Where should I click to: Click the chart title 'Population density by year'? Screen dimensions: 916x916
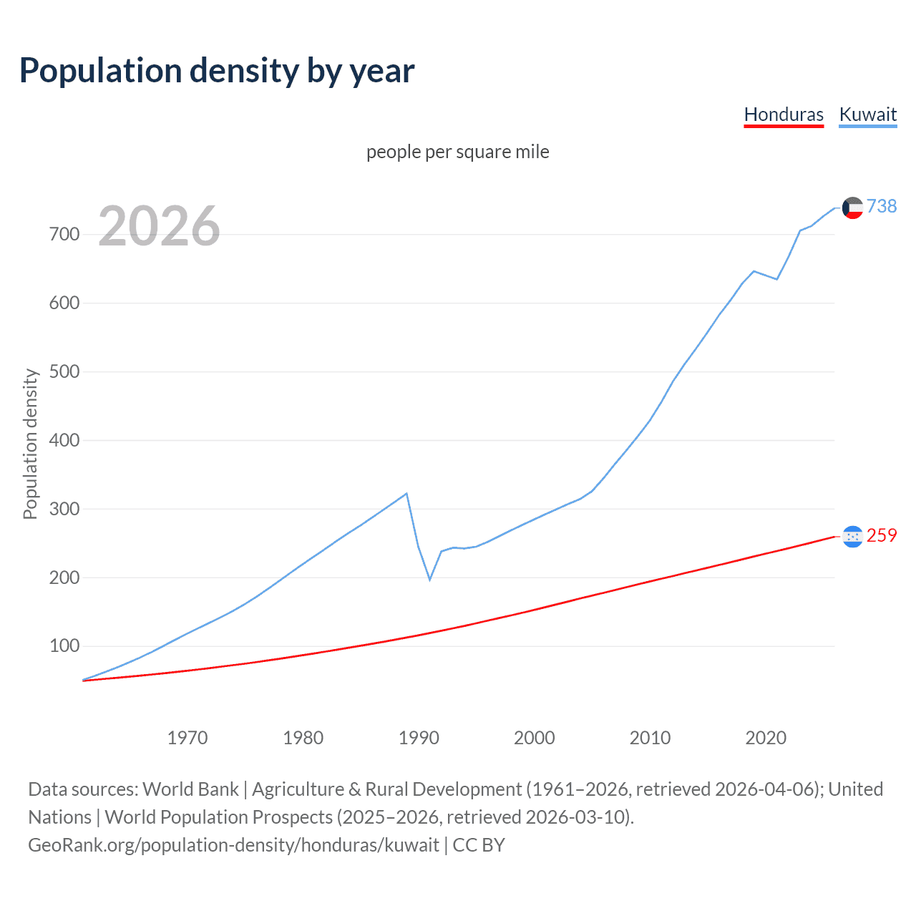[217, 70]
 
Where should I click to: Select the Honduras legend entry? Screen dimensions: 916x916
[784, 114]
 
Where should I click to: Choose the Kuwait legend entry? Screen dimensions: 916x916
[867, 114]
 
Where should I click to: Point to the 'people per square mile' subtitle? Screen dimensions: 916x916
[457, 152]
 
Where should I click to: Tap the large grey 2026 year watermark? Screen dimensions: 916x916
[159, 226]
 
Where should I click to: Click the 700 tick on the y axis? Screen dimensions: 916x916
[64, 234]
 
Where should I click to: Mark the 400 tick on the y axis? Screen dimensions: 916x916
[64, 440]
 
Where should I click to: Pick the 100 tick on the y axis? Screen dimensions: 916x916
[64, 646]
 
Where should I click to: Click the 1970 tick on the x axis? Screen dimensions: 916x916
[187, 738]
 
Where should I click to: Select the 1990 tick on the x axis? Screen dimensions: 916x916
[419, 738]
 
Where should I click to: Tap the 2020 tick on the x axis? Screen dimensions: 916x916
[766, 738]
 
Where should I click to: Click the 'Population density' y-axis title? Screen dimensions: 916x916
[30, 444]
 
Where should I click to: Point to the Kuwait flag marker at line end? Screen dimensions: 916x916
[852, 208]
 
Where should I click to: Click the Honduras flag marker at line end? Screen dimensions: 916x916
[852, 536]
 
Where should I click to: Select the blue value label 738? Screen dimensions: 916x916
[882, 206]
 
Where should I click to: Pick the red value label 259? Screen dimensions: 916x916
[882, 535]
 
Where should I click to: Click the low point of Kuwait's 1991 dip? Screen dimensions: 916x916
[430, 579]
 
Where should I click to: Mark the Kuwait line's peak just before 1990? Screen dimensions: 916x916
[406, 493]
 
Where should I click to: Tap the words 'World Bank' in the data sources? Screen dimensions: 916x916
[190, 789]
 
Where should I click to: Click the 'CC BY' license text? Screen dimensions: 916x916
[479, 844]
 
